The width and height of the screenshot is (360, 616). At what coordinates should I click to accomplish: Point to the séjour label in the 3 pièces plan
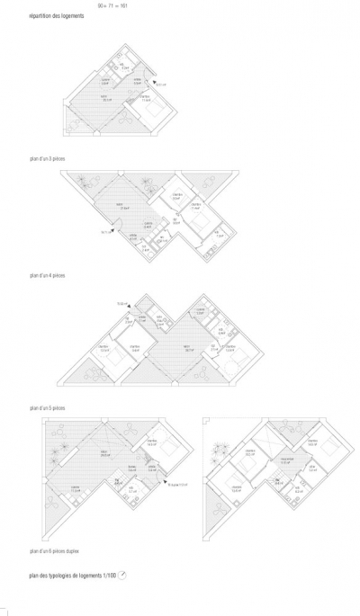(x=105, y=99)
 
